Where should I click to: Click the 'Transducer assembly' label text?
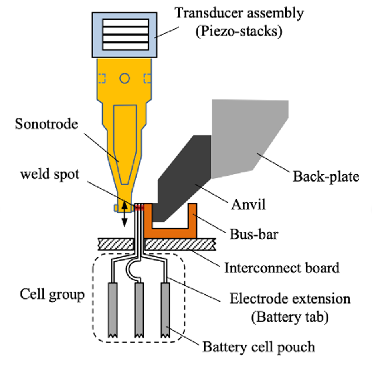(239, 13)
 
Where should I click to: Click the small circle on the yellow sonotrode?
(125, 78)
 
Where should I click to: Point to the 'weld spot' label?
(50, 174)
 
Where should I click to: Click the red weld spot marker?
(139, 208)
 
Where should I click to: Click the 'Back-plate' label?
(326, 176)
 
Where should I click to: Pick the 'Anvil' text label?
(248, 205)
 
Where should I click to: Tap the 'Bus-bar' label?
(253, 234)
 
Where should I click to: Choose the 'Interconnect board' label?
(282, 267)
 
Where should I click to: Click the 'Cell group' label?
(52, 295)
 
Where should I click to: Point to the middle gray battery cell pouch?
(139, 309)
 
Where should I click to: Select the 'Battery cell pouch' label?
(259, 347)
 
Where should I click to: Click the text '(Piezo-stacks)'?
(239, 31)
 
